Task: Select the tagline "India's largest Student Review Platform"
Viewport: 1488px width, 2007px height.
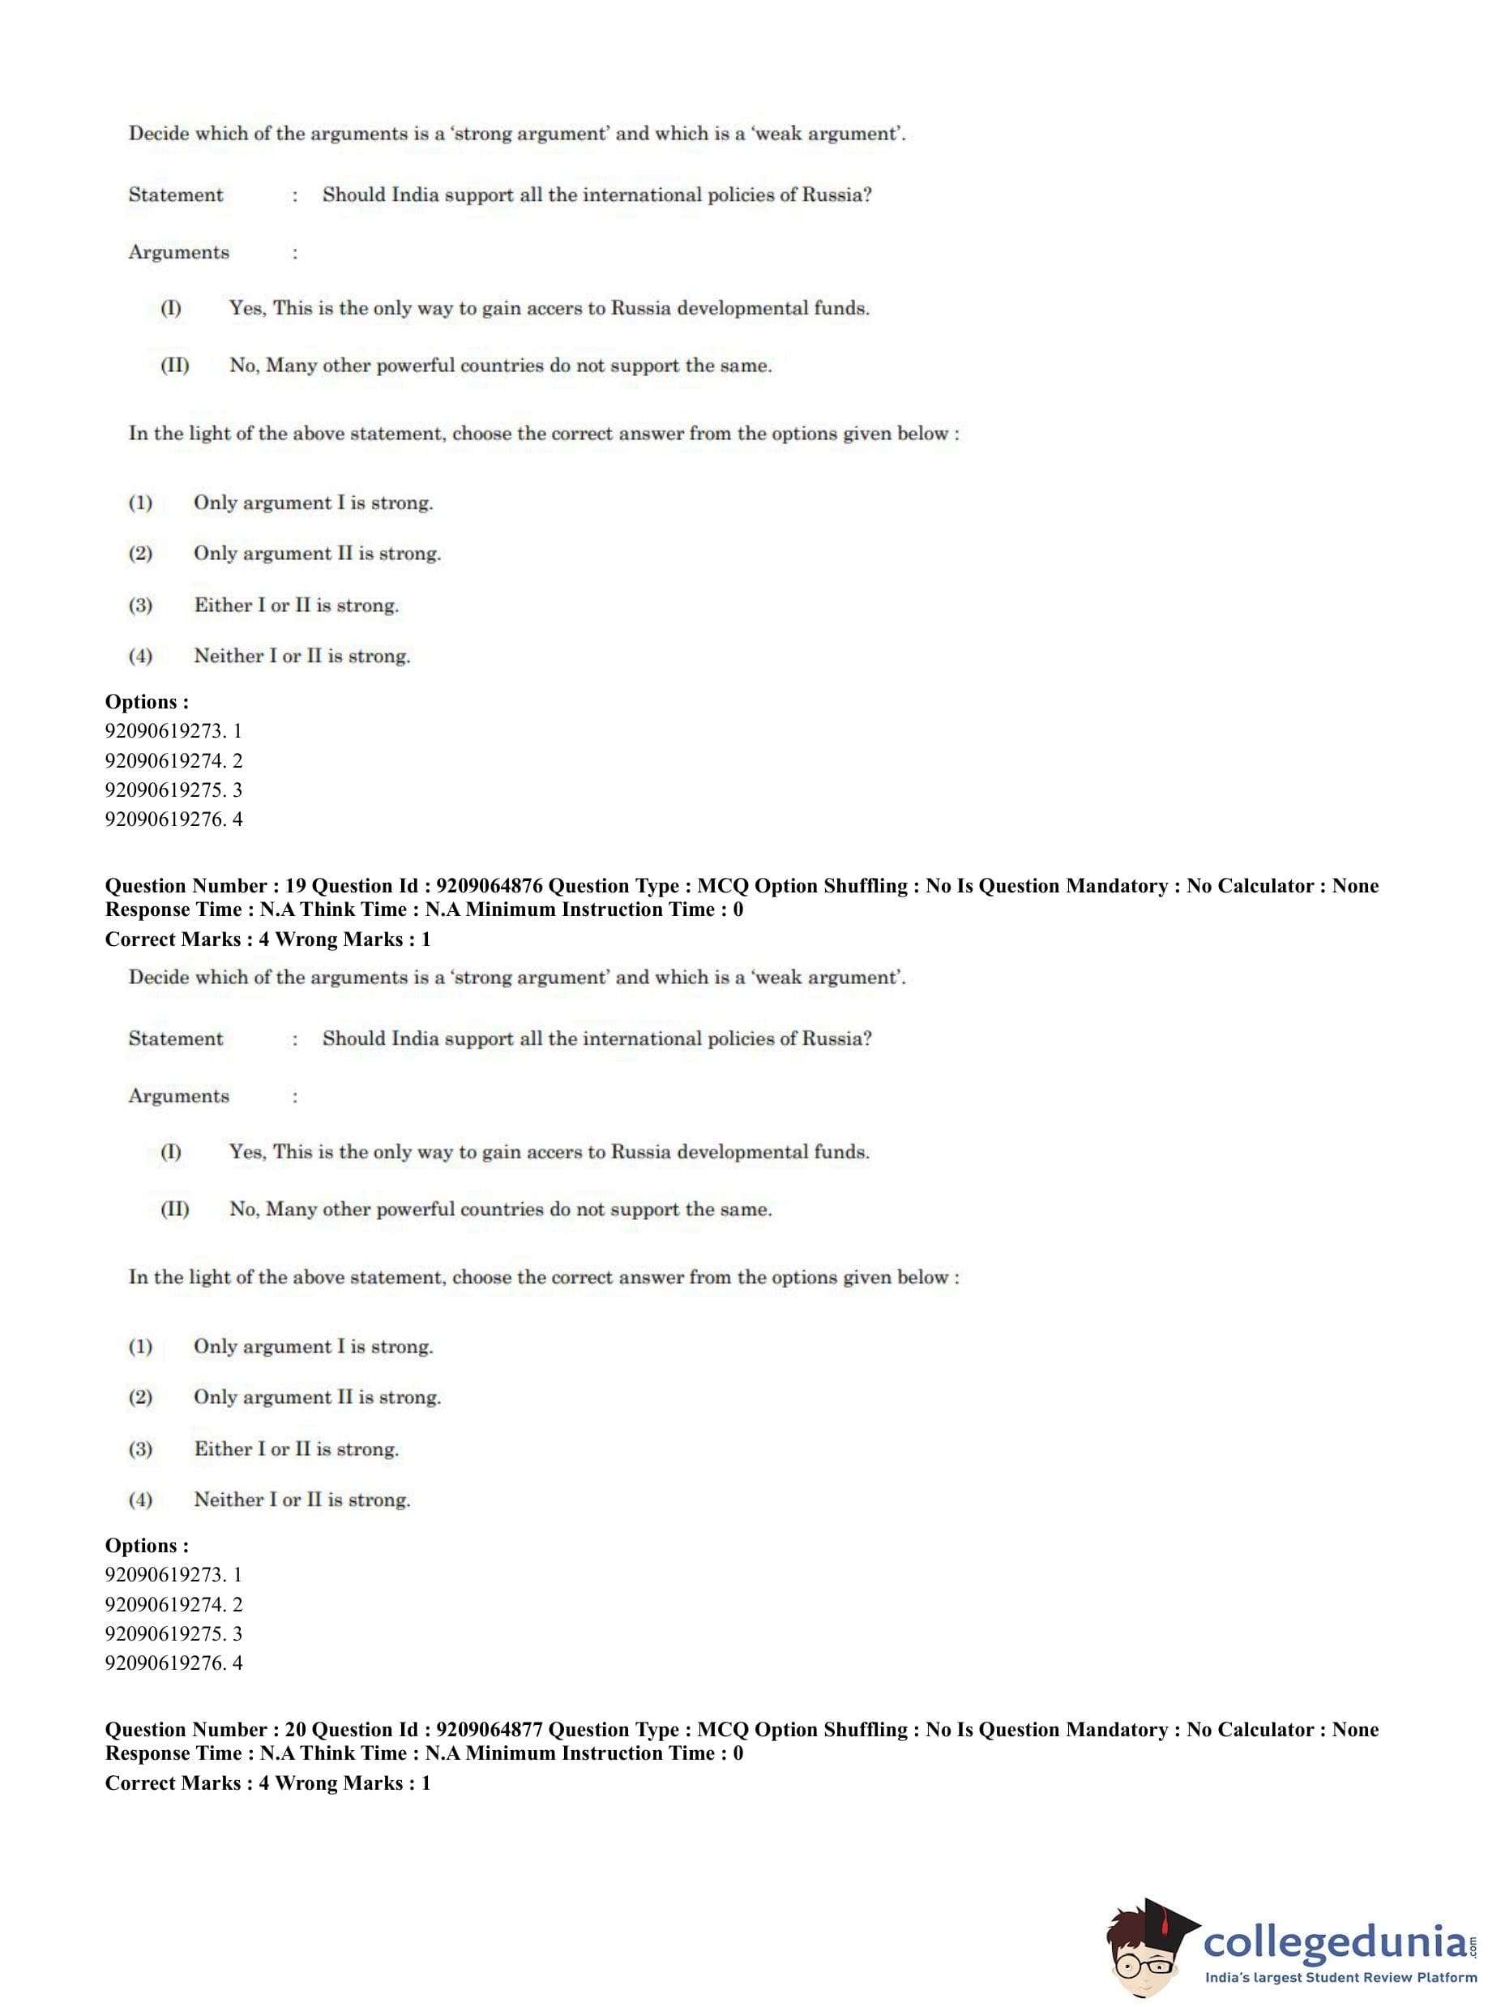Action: (x=1340, y=1977)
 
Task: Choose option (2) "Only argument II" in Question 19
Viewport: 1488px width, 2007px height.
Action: (x=316, y=1397)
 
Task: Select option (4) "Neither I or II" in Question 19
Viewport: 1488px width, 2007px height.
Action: (x=301, y=1499)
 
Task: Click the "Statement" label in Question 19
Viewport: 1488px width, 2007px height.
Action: (x=176, y=1038)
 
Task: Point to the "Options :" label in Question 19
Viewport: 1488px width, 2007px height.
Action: (x=147, y=1545)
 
